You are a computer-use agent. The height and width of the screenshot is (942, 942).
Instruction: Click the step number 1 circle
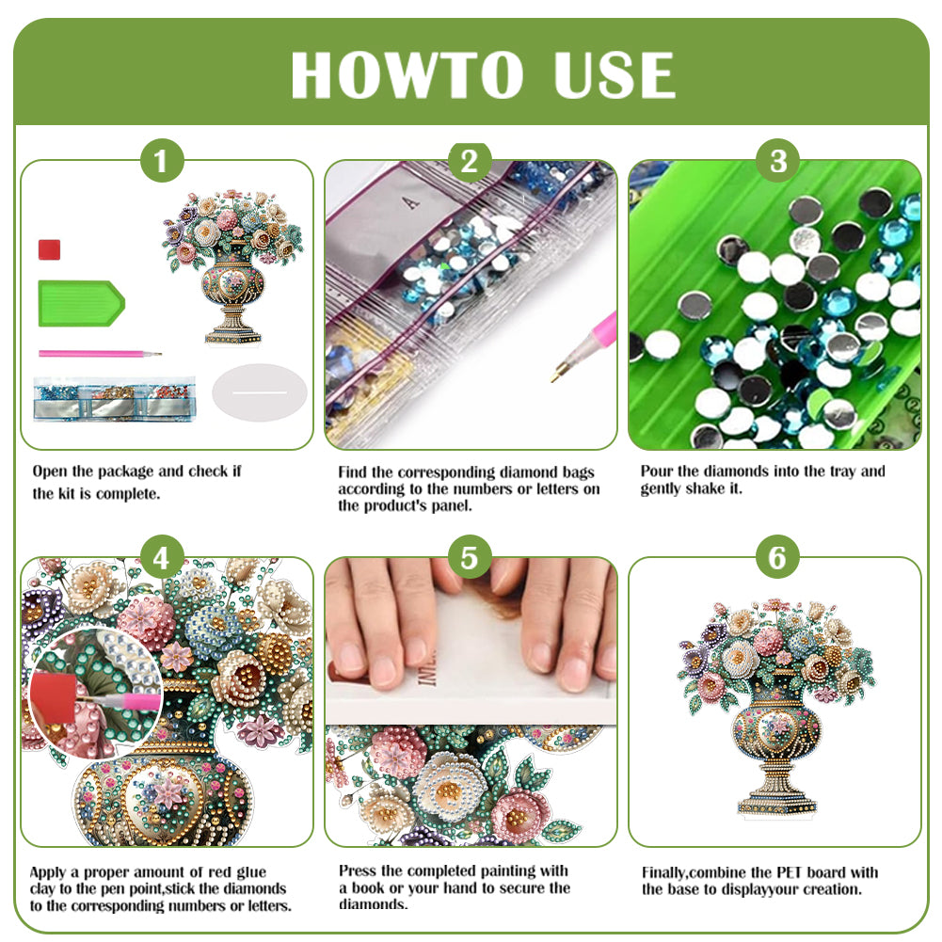pyautogui.click(x=162, y=162)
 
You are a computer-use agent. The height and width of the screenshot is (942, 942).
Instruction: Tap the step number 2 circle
pyautogui.click(x=470, y=162)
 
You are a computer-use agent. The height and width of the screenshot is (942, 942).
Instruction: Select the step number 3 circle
pyautogui.click(x=777, y=162)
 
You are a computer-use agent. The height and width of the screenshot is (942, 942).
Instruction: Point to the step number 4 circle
pyautogui.click(x=162, y=559)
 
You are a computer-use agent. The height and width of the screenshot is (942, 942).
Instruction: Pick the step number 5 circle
pyautogui.click(x=470, y=559)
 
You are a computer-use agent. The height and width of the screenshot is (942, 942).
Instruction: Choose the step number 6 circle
pyautogui.click(x=777, y=559)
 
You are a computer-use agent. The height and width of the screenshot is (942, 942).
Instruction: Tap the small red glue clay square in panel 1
pyautogui.click(x=50, y=249)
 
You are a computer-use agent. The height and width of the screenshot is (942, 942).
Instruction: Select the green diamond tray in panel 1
pyautogui.click(x=79, y=303)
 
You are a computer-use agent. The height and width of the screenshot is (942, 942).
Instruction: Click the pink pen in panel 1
pyautogui.click(x=99, y=354)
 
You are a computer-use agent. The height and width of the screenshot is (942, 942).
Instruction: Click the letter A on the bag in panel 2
pyautogui.click(x=407, y=200)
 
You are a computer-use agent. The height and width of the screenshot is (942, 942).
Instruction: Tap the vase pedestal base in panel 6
pyautogui.click(x=776, y=803)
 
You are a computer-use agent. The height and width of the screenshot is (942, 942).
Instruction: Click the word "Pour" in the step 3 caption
pyautogui.click(x=657, y=471)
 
